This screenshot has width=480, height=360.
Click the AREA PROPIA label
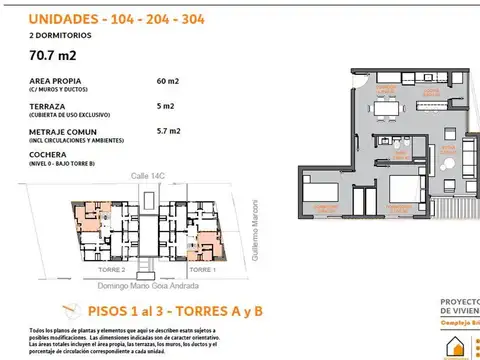[59, 82]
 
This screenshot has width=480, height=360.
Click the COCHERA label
[49, 155]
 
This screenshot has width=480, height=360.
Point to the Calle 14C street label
[147, 176]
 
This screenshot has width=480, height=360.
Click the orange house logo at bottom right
[459, 347]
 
